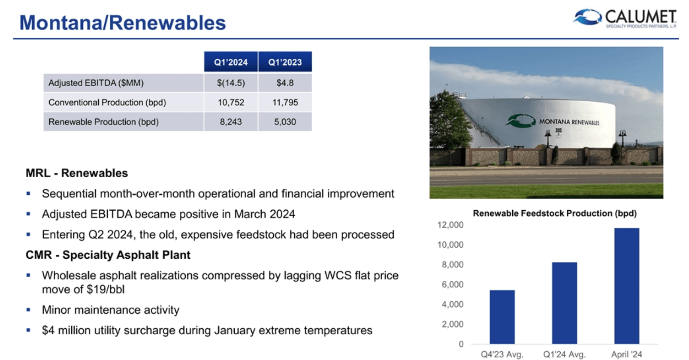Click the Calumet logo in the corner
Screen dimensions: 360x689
click(x=625, y=18)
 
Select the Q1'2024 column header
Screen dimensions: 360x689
click(x=231, y=62)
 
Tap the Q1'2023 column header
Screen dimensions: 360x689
click(x=285, y=62)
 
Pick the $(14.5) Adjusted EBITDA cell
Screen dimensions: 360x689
click(x=231, y=83)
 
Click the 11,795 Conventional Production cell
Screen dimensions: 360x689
click(x=285, y=103)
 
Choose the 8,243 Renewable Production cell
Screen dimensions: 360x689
click(x=231, y=122)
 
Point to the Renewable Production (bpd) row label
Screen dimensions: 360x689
click(x=103, y=122)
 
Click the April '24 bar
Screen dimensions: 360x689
click(x=626, y=285)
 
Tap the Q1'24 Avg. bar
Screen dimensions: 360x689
click(x=564, y=303)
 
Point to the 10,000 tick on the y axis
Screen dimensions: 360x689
click(x=450, y=245)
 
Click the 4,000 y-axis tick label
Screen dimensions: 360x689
click(x=453, y=304)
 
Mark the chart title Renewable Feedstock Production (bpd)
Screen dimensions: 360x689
click(x=554, y=213)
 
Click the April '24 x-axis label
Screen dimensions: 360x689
click(x=626, y=354)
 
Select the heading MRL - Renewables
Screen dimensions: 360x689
click(x=77, y=173)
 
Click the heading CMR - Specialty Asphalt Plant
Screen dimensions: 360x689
click(x=108, y=255)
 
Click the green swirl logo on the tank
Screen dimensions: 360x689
click(x=520, y=121)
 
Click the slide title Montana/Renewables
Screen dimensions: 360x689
click(x=123, y=23)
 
